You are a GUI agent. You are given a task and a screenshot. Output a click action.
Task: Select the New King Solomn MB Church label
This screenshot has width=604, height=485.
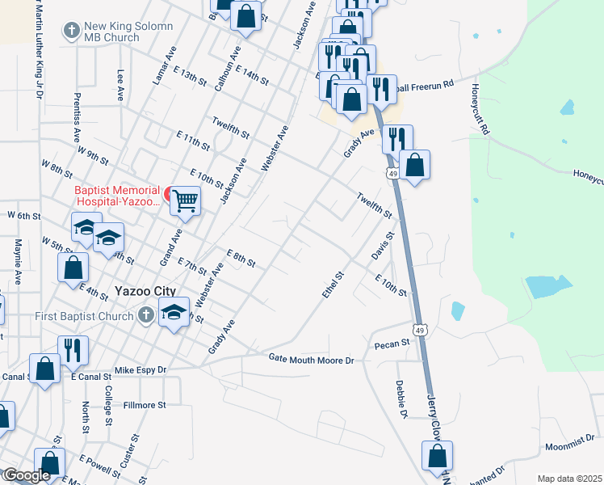[129, 32]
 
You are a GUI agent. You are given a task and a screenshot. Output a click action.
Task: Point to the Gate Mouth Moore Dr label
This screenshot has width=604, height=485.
[312, 358]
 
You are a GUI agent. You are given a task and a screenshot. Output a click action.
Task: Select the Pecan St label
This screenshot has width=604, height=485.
[392, 345]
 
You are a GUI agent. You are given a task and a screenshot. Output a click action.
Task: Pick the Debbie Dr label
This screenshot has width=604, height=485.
[401, 399]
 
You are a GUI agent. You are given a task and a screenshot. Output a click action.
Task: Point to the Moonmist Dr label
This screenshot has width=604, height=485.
[570, 446]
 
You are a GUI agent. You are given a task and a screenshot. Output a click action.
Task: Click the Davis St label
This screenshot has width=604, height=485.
[381, 246]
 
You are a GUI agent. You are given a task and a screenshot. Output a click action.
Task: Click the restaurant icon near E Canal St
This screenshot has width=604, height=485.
[73, 350]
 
